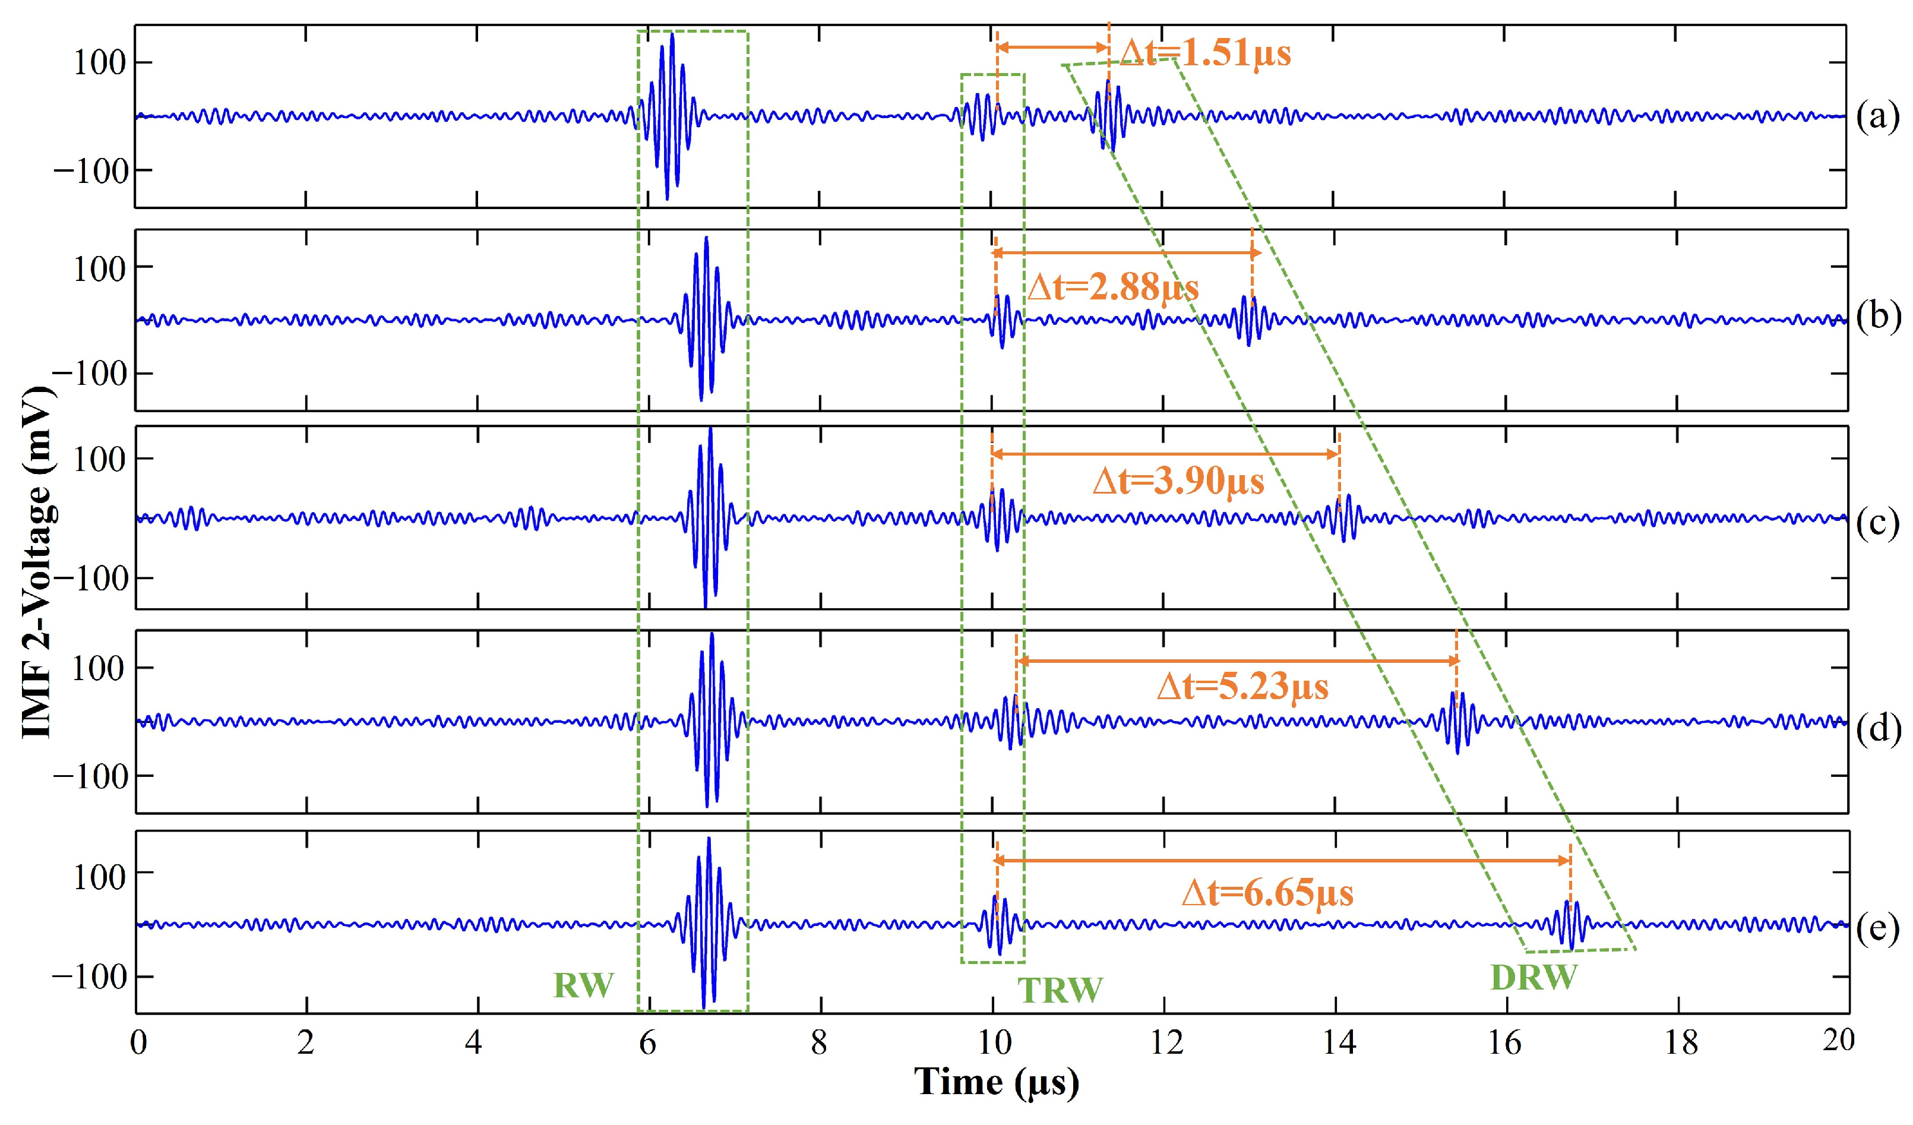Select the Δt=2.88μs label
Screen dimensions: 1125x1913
click(x=1113, y=287)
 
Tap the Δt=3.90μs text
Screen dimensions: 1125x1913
click(x=1178, y=481)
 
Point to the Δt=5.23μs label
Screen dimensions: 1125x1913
click(x=1242, y=687)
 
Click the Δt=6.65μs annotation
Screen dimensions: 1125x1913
click(x=1267, y=893)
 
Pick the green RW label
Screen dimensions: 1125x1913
click(x=583, y=985)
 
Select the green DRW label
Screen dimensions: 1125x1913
click(x=1534, y=978)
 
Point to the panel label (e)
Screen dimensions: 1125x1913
click(x=1877, y=928)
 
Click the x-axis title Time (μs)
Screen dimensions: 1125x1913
click(x=996, y=1082)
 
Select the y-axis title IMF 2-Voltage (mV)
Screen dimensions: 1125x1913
click(x=38, y=562)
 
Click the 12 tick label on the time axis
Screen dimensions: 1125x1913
click(x=1165, y=1043)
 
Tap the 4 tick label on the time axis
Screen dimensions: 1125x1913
click(x=475, y=1043)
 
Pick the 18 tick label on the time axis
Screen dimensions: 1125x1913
click(x=1680, y=1043)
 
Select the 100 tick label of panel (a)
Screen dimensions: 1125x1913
click(x=99, y=63)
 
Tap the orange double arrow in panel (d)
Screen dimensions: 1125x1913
click(x=1237, y=661)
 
